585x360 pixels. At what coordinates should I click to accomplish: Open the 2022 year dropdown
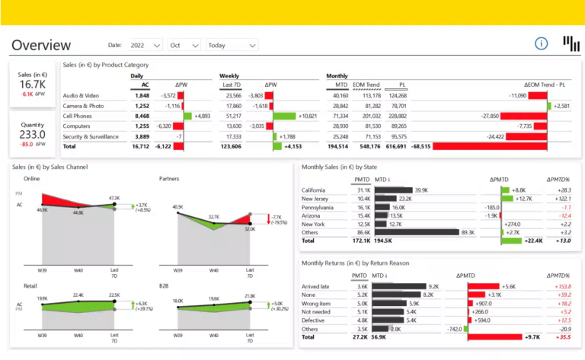tap(145, 46)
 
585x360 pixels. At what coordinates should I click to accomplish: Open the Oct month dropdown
tap(184, 46)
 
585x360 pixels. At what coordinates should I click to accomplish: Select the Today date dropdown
tap(232, 46)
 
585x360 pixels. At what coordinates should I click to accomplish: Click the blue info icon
tap(542, 43)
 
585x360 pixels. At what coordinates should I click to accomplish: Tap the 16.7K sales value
tap(33, 84)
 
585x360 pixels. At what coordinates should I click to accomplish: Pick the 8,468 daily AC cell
tap(142, 116)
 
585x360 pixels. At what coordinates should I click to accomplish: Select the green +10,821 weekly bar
tap(284, 116)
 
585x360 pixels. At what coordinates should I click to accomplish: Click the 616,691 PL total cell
tap(396, 145)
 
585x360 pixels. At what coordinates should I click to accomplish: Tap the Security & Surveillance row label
tap(91, 136)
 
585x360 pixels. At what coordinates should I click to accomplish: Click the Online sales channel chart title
tap(31, 179)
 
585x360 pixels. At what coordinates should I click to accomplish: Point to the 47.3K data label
tap(114, 198)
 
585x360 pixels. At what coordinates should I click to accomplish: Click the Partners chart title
tap(171, 179)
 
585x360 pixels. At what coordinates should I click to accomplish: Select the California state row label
tap(314, 190)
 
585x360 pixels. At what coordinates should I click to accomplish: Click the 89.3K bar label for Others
tap(468, 232)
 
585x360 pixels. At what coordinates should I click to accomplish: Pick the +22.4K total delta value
tap(533, 241)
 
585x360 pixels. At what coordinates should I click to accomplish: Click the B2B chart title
tap(165, 285)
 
